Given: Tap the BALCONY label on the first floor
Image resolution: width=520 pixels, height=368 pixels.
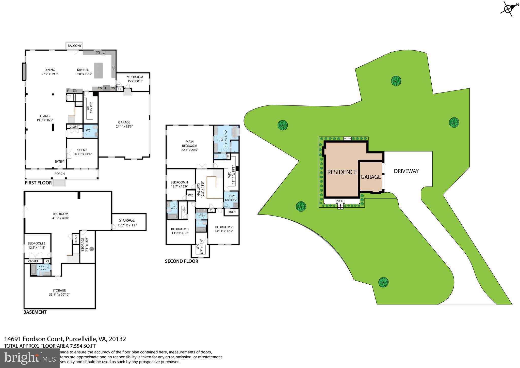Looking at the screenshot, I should (74, 46).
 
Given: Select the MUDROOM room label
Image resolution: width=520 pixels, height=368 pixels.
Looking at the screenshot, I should (135, 77).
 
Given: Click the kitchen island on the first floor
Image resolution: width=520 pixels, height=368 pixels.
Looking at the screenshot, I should (99, 71).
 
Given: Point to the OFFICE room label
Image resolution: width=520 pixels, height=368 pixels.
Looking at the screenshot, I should (82, 150).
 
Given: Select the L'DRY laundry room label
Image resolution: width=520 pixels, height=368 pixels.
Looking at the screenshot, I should (231, 196).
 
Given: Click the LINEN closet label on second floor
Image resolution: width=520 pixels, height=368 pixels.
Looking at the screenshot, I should (232, 212).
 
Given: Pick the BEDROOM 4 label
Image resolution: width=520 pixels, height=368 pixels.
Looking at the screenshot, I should (179, 182).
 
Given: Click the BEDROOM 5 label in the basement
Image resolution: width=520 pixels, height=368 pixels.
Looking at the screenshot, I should (37, 243).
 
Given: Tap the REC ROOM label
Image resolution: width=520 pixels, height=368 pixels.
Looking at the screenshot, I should (60, 214).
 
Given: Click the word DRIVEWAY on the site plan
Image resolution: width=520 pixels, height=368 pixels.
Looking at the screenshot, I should (406, 171).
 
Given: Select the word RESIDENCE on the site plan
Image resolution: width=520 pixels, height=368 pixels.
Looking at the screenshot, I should (342, 172).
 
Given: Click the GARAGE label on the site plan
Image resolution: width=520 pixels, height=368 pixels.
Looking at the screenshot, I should (371, 177).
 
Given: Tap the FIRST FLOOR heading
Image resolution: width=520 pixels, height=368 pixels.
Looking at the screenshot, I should (38, 183).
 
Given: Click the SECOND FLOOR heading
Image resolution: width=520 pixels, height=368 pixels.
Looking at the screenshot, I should (181, 261).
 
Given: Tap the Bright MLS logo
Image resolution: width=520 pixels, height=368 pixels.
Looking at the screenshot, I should (30, 358).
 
